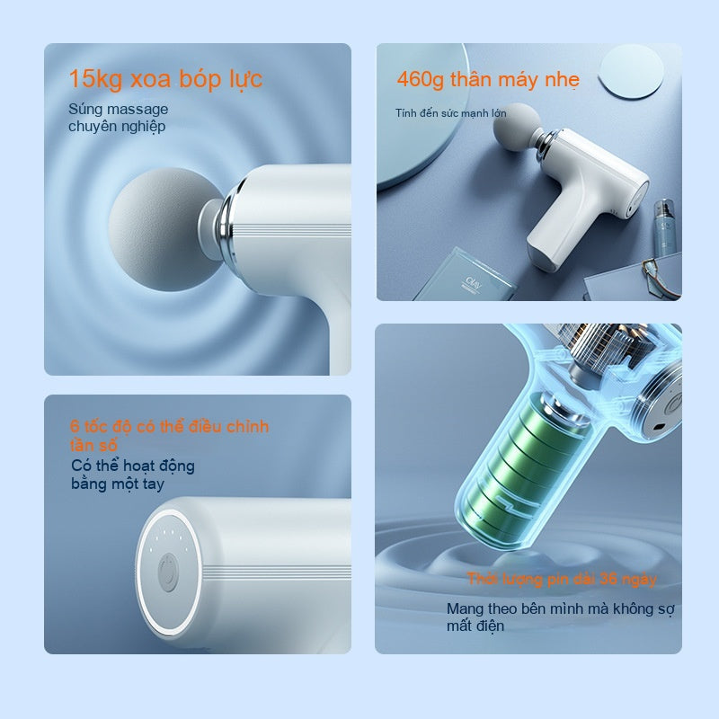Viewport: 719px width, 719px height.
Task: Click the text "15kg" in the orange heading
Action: coord(95,79)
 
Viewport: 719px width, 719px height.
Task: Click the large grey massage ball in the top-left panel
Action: coord(161,229)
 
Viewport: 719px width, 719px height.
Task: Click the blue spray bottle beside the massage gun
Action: coord(665,226)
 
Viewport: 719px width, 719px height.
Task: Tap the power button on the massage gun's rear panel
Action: coord(167,573)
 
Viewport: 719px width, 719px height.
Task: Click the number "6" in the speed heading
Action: coord(75,426)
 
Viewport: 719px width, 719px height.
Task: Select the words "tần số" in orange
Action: coord(93,445)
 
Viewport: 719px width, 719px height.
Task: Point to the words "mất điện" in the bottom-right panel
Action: coord(475,626)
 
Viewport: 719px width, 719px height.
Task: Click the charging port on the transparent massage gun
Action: coord(660,428)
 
